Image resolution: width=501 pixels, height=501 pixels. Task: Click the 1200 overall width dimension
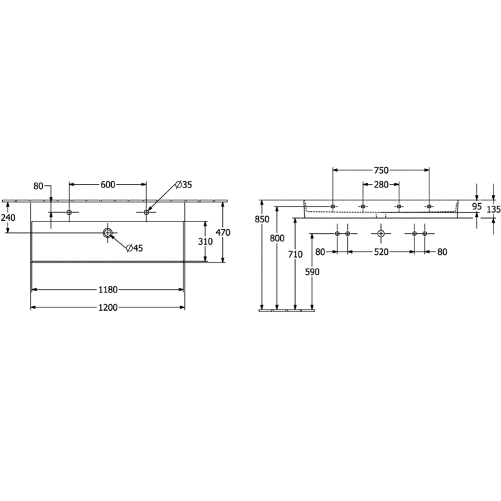pyautogui.click(x=108, y=307)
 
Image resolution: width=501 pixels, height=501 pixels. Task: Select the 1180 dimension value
pyautogui.click(x=108, y=290)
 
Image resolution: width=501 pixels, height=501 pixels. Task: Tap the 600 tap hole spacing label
pyautogui.click(x=108, y=184)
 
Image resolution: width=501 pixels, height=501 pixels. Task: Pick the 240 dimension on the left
pyautogui.click(x=8, y=217)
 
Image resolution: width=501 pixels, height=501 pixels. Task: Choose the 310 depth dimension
pyautogui.click(x=206, y=242)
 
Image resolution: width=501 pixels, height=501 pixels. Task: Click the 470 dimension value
pyautogui.click(x=223, y=232)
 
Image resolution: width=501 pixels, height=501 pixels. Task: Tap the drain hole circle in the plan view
pyautogui.click(x=107, y=233)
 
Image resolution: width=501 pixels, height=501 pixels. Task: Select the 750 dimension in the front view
pyautogui.click(x=380, y=170)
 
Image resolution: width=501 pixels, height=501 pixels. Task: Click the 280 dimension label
pyautogui.click(x=380, y=184)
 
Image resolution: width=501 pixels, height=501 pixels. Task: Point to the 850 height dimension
pyautogui.click(x=262, y=219)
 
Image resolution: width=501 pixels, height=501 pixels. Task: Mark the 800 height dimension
pyautogui.click(x=277, y=238)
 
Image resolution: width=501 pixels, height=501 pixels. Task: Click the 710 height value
pyautogui.click(x=294, y=254)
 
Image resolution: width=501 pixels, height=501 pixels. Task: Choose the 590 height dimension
pyautogui.click(x=312, y=271)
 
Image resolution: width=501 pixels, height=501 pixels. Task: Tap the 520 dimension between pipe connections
pyautogui.click(x=380, y=252)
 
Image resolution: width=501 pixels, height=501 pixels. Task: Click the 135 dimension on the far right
pyautogui.click(x=494, y=209)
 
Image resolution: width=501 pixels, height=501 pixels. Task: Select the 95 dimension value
pyautogui.click(x=476, y=206)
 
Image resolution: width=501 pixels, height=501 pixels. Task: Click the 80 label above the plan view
pyautogui.click(x=38, y=185)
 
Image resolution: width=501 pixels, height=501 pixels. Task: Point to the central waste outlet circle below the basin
pyautogui.click(x=380, y=234)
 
